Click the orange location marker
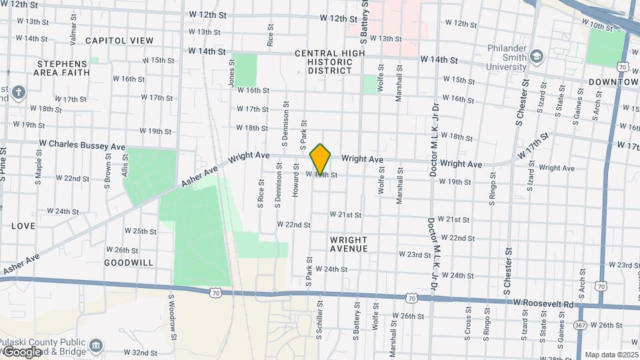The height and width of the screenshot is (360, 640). coord(321,159)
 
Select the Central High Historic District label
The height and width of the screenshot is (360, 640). coord(329,61)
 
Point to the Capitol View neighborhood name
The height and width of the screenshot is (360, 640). coord(119,41)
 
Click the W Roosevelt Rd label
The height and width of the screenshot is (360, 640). coord(543,303)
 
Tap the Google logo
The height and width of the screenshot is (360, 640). coord(21,351)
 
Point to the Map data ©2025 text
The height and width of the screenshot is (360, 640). coord(611,355)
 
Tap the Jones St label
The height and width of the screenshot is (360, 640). coord(232,72)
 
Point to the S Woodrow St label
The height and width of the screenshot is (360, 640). coord(171,313)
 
